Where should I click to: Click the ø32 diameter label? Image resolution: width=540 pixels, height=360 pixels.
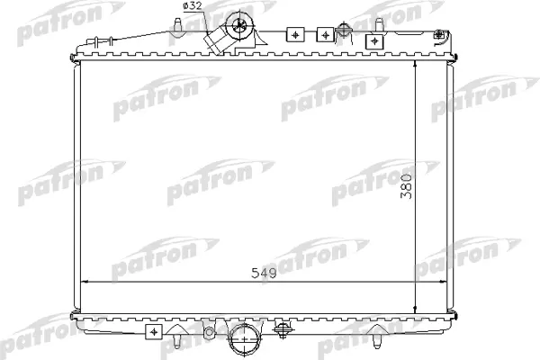pyautogui.click(x=193, y=6)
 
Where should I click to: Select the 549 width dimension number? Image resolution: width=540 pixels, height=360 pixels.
pyautogui.click(x=264, y=274)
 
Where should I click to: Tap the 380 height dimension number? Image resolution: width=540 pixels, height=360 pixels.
pyautogui.click(x=407, y=186)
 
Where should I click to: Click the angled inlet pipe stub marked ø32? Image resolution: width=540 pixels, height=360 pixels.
pyautogui.click(x=216, y=41)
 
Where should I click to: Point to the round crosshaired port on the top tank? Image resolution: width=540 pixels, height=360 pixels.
pyautogui.click(x=239, y=25)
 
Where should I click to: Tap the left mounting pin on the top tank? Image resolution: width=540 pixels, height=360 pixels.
pyautogui.click(x=177, y=25)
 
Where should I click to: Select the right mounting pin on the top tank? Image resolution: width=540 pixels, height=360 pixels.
pyautogui.click(x=379, y=24)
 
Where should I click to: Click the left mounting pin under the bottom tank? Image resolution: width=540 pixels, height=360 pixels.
pyautogui.click(x=176, y=341)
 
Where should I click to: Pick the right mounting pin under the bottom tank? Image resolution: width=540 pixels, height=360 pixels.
pyautogui.click(x=377, y=341)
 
